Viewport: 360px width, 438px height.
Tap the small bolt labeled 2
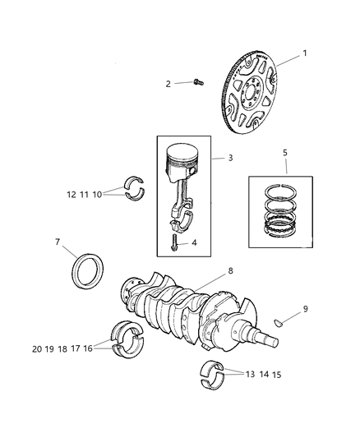click(x=198, y=81)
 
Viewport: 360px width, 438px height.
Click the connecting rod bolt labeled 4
click(x=173, y=242)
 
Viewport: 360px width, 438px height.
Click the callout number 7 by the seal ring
click(x=58, y=242)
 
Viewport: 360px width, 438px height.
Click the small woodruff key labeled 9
click(x=279, y=321)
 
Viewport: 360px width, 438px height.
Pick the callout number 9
click(x=305, y=309)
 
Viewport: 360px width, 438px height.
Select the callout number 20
click(x=37, y=348)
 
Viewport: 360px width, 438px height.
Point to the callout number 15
click(x=277, y=374)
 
